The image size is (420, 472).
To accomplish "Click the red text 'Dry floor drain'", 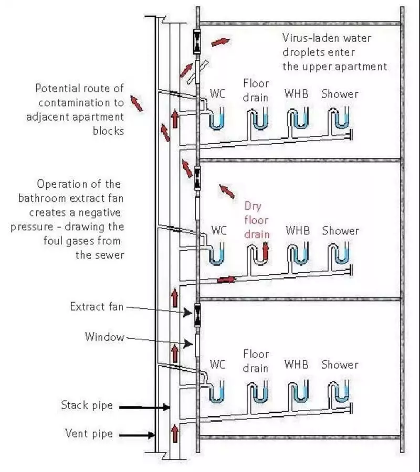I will (257, 220).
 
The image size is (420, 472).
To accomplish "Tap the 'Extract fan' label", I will (97, 306).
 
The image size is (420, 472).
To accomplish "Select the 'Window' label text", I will (104, 337).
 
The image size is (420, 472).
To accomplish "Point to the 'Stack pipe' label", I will (87, 405).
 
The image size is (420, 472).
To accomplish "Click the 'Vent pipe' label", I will (89, 434).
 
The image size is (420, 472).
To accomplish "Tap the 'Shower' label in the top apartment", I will (340, 94).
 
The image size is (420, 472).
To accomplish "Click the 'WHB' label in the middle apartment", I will (298, 231).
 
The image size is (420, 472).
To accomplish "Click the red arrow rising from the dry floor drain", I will (266, 251).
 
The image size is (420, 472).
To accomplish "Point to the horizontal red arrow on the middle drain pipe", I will (226, 279).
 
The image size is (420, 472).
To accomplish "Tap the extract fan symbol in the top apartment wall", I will (197, 41).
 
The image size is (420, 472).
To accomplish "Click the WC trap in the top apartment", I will (216, 121).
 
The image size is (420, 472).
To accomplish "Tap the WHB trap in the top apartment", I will (296, 121).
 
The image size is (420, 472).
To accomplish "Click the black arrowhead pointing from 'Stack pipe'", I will (166, 406).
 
